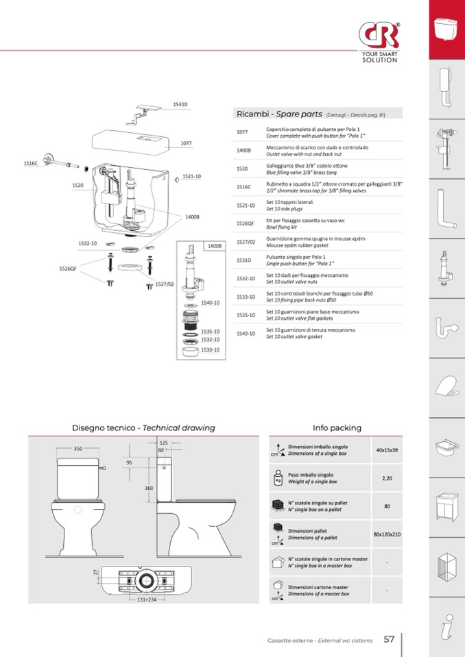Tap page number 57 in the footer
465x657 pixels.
click(389, 639)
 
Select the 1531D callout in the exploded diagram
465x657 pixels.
click(180, 104)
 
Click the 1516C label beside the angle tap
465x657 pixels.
click(32, 164)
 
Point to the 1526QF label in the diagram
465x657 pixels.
click(67, 269)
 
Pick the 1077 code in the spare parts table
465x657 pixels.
click(242, 132)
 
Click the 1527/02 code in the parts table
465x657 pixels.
click(246, 242)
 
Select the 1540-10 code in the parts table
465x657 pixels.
click(246, 334)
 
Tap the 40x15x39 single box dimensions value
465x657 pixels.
click(387, 450)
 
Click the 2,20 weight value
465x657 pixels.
click(387, 478)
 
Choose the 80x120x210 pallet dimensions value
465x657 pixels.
click(387, 534)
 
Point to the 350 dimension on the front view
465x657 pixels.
click(78, 449)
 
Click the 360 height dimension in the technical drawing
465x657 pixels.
click(149, 488)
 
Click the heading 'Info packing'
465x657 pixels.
click(337, 427)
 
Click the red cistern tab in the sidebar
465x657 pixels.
click(447, 29)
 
